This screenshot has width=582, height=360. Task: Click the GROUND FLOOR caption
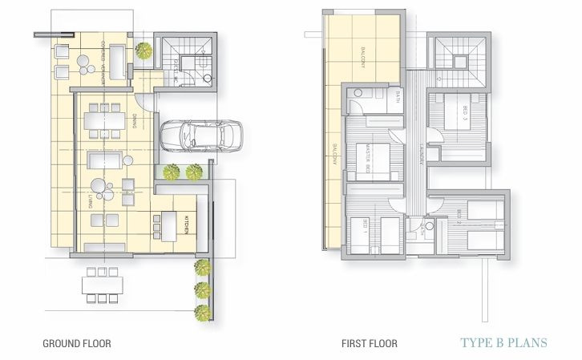[x=77, y=344]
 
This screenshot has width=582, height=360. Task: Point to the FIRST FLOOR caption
[x=369, y=344]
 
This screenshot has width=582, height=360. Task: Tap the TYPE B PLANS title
[x=504, y=343]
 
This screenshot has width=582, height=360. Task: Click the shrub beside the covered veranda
[x=143, y=51]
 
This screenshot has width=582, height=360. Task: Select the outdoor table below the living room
[x=102, y=285]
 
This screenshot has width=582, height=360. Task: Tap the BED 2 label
[x=458, y=216]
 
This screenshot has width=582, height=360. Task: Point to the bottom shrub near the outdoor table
[x=202, y=312]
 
